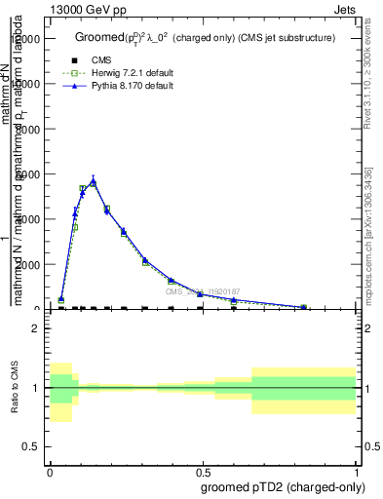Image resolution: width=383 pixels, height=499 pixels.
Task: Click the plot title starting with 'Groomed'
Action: (x=206, y=37)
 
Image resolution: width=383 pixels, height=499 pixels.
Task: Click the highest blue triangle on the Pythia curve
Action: (x=94, y=181)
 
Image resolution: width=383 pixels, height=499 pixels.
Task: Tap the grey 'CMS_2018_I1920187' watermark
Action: (x=203, y=291)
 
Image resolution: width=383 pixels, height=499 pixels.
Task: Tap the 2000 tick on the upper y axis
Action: (x=30, y=264)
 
